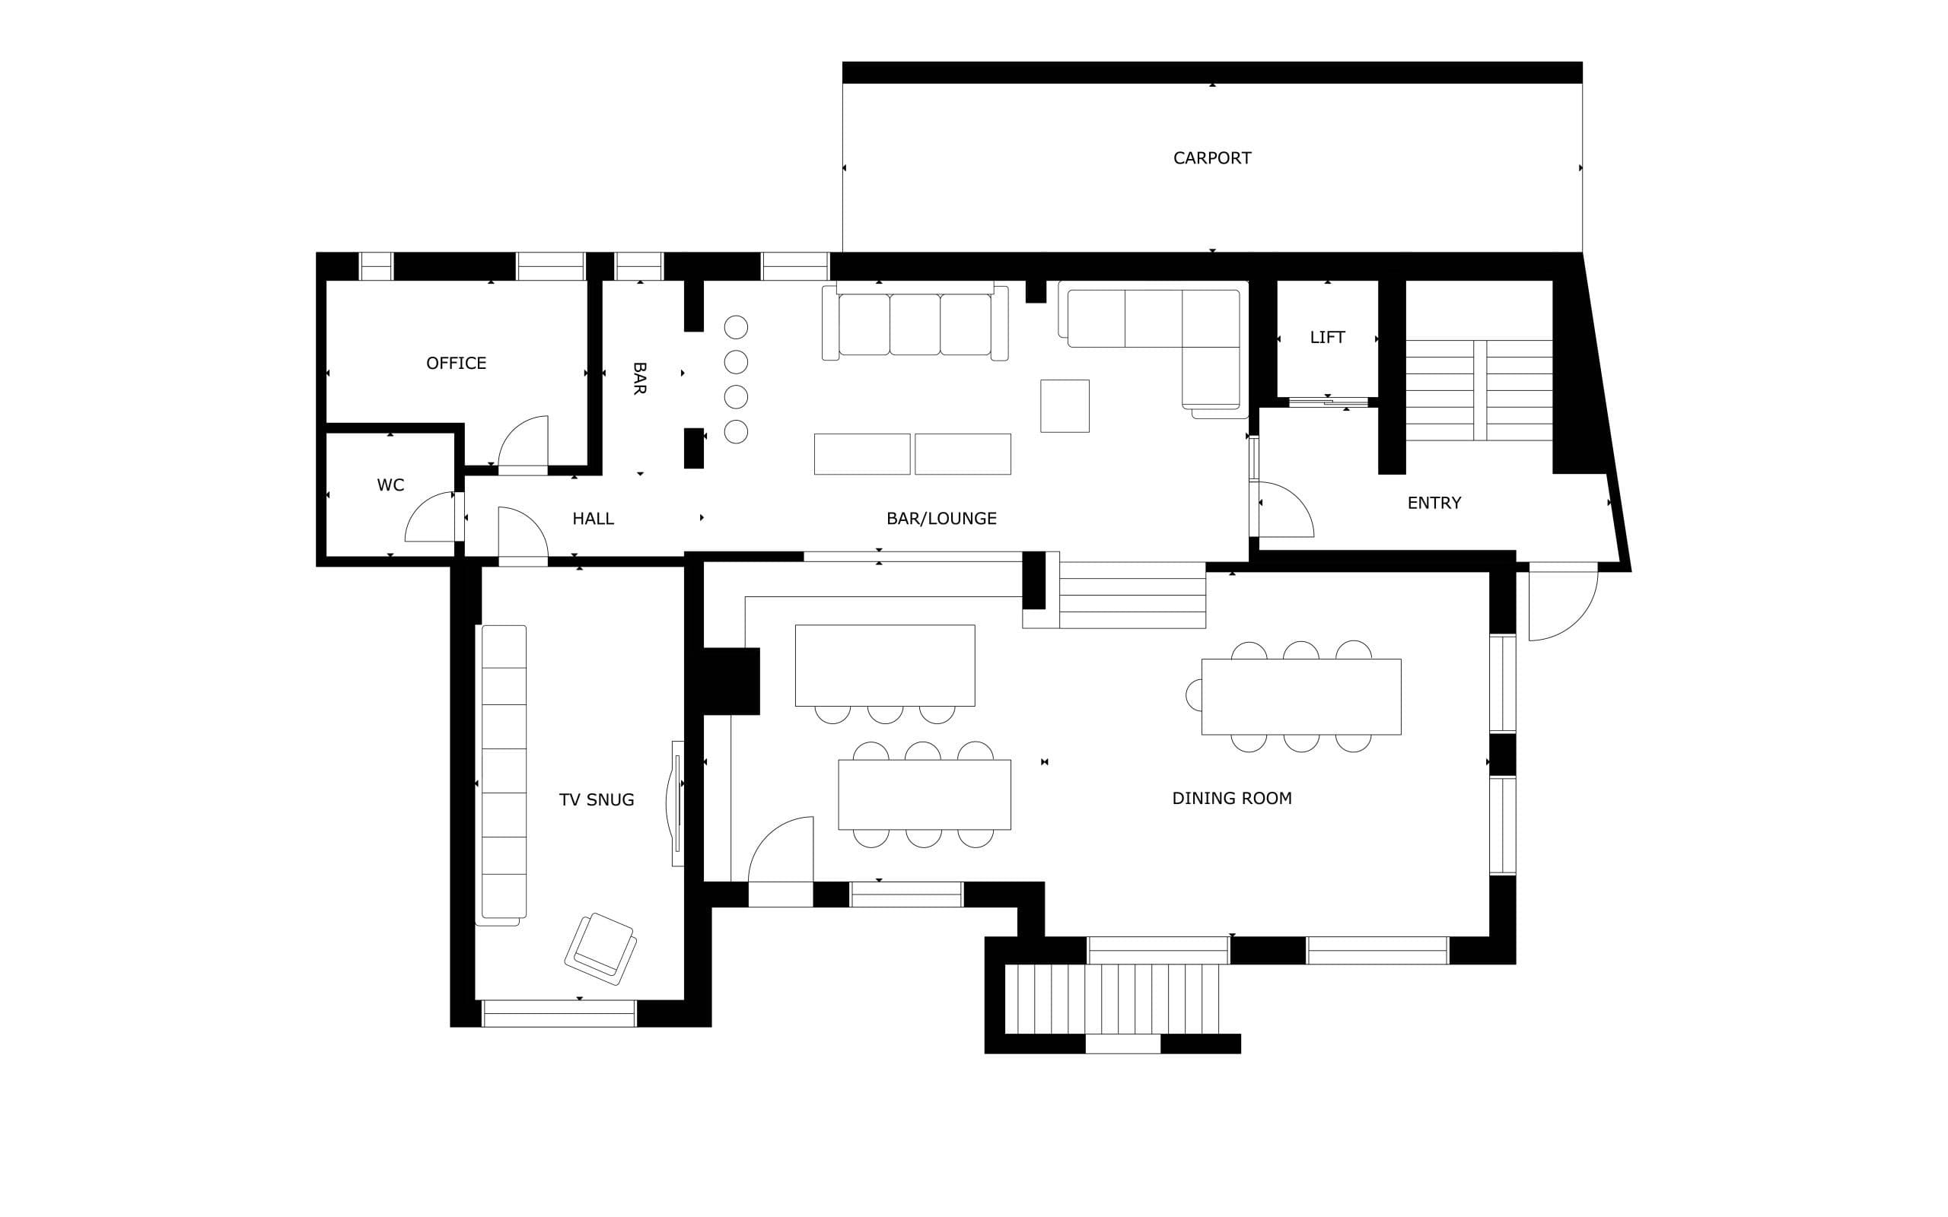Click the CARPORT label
(x=1211, y=157)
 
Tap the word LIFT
(x=1326, y=337)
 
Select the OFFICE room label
(x=456, y=363)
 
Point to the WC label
(x=390, y=485)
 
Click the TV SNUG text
(x=597, y=799)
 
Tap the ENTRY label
(x=1434, y=502)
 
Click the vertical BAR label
(x=639, y=378)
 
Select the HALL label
(x=593, y=518)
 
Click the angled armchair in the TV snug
(x=600, y=949)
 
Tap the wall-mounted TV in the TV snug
(x=676, y=803)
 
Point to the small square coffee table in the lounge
(x=1064, y=405)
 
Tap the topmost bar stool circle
(x=736, y=327)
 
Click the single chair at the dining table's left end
(x=1194, y=695)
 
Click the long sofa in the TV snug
(x=503, y=773)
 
